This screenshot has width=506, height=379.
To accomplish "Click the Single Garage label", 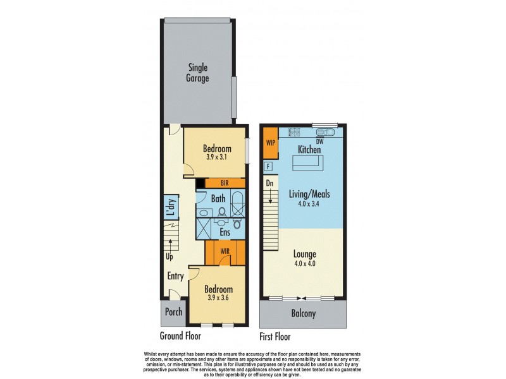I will tap(197, 73).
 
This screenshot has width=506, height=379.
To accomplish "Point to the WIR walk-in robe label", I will tap(224, 251).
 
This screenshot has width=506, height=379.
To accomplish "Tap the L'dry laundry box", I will tap(170, 208).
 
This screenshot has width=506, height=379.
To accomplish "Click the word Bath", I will tap(218, 198).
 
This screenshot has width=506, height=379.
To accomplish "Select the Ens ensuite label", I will tap(225, 232).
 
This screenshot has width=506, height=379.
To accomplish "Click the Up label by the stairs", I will tap(169, 256).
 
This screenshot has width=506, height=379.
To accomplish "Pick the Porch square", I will tap(173, 312).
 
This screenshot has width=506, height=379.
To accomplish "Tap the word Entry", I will tap(175, 276).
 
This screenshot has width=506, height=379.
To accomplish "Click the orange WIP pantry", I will tap(271, 143).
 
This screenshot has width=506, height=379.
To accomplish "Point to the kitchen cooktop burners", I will tap(294, 133).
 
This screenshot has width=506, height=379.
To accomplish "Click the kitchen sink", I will tap(327, 133).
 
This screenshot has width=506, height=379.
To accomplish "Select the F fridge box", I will tap(268, 166).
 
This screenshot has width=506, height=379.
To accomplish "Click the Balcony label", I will tap(303, 314).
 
